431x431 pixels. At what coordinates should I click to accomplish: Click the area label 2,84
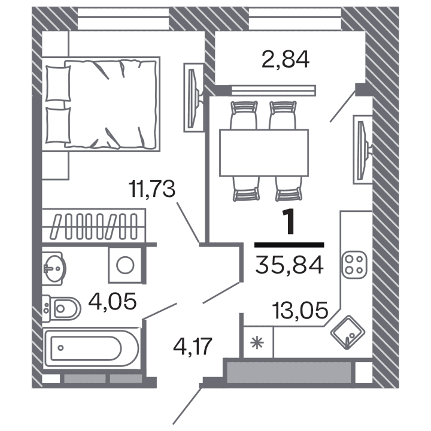285,59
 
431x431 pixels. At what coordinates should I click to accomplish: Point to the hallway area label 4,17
193,345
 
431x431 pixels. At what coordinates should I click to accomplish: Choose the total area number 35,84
289,265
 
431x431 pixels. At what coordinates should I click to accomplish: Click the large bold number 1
290,223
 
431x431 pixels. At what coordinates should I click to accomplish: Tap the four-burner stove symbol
354,265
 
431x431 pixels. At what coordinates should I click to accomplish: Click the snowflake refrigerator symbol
257,343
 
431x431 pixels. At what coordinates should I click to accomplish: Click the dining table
264,153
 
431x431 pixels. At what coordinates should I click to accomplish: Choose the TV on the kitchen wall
362,144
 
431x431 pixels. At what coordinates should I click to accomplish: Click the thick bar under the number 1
289,245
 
